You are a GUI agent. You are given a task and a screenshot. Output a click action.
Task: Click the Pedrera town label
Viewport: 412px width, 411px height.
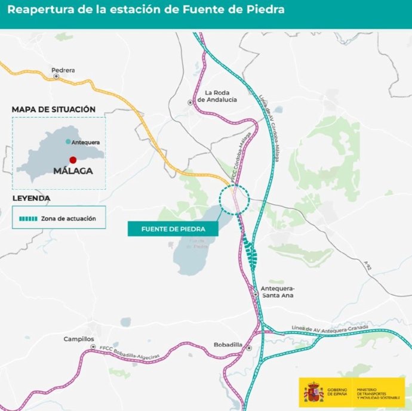[x=63, y=70]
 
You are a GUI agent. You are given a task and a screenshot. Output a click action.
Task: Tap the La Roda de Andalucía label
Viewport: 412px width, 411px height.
[x=221, y=96]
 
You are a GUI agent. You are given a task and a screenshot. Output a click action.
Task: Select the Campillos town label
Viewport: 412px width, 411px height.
[x=79, y=339]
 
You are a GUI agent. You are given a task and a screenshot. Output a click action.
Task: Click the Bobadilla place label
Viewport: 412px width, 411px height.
[x=228, y=345]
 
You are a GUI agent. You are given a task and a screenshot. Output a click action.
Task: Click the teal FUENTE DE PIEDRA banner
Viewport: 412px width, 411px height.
[x=173, y=229]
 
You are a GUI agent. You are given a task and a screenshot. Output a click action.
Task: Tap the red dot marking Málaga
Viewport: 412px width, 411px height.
[x=73, y=160]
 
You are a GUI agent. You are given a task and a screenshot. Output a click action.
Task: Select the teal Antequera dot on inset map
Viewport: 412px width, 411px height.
[x=68, y=142]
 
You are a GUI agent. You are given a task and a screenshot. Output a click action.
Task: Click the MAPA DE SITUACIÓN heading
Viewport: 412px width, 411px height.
[x=54, y=109]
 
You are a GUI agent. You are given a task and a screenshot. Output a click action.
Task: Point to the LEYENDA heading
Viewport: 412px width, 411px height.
[x=31, y=197]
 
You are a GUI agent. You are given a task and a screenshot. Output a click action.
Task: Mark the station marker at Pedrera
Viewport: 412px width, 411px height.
[x=56, y=76]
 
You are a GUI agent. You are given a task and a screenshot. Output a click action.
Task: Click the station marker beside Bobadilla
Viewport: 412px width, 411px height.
[x=249, y=348]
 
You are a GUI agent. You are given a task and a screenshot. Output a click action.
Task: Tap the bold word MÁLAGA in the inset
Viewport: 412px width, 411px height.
[x=73, y=171]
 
